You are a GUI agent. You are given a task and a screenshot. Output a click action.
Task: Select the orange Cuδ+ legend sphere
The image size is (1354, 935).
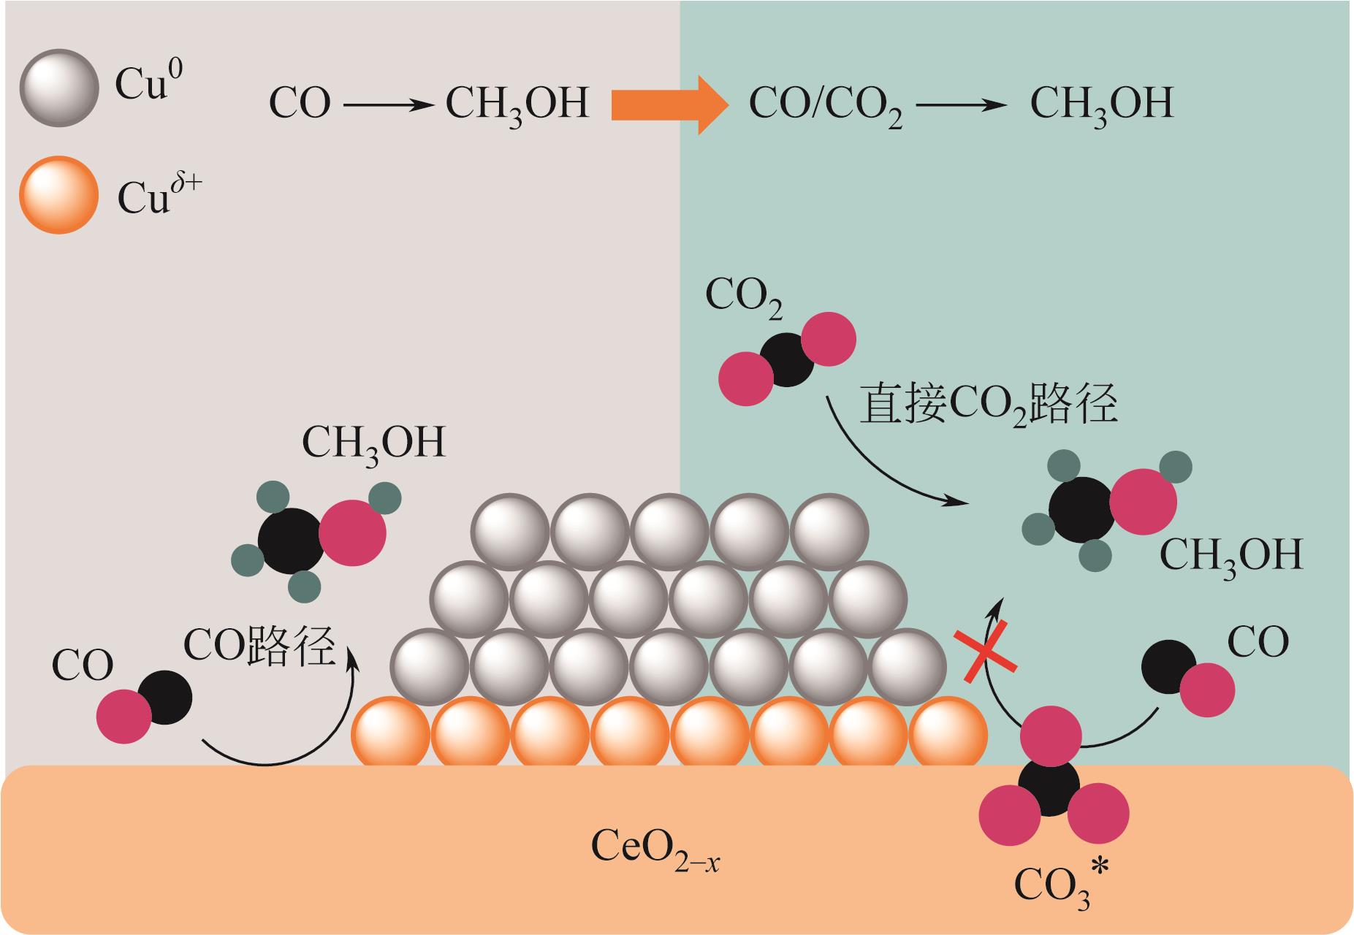[x=58, y=195]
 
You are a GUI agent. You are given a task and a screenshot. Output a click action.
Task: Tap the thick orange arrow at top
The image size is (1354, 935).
[x=669, y=104]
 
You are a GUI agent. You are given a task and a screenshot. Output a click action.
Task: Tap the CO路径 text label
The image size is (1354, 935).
[x=259, y=644]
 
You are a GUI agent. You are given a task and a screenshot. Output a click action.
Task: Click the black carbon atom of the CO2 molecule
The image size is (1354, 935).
[x=786, y=359]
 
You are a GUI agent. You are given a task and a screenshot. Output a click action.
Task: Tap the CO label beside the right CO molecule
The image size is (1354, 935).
[x=1258, y=642]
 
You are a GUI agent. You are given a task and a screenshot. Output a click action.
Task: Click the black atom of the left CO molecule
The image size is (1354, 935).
[x=164, y=698]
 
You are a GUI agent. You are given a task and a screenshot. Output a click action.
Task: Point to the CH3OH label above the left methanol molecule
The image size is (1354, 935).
[x=373, y=444]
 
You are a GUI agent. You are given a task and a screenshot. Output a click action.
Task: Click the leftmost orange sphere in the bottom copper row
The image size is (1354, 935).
[x=390, y=733]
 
